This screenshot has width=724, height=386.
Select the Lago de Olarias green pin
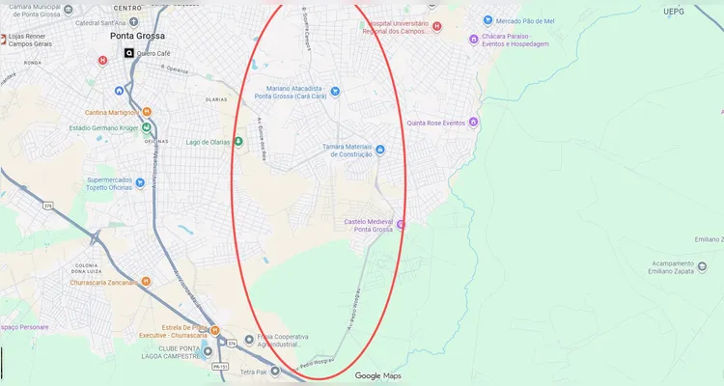coord(238,142)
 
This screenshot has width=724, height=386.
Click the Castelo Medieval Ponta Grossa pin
coord(402,224)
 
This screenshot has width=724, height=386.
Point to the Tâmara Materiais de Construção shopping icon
coord(380,150)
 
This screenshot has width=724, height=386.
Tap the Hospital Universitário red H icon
coord(437,27)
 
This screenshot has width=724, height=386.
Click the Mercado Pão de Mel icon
coord(487,20)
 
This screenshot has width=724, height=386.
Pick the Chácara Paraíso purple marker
coord(473,40)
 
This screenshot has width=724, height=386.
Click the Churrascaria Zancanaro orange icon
coord(146,282)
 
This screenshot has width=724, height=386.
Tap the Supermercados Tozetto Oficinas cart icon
coord(140,180)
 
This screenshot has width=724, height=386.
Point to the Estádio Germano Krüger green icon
coord(146,127)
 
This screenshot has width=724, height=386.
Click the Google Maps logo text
coord(377,375)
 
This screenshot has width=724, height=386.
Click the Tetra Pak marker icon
coord(275,371)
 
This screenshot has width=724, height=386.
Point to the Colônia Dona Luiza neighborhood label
coord(88,269)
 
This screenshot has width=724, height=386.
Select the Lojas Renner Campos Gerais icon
coord(4,41)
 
